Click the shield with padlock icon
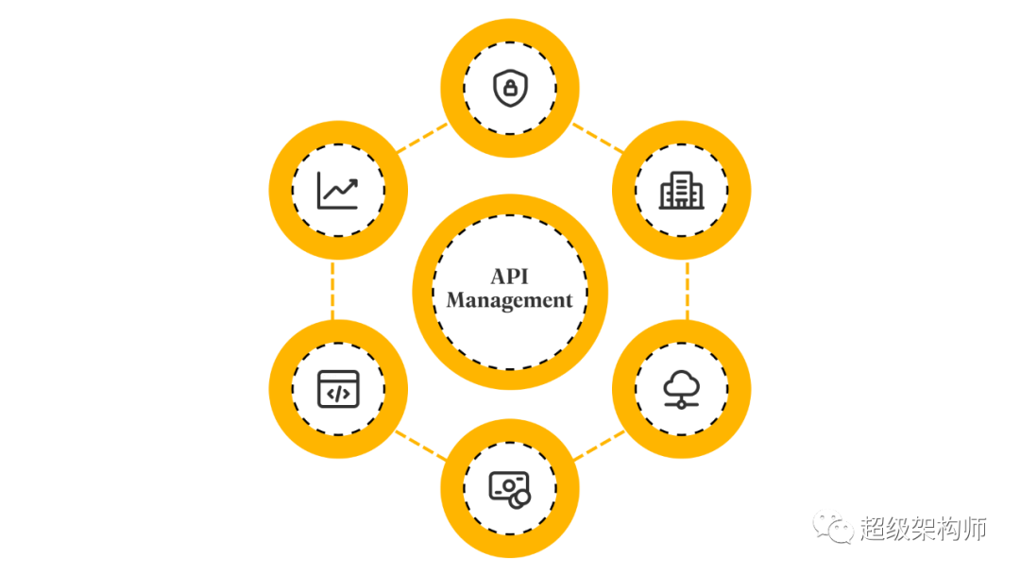click(x=510, y=89)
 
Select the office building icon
click(x=681, y=191)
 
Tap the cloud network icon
click(x=681, y=388)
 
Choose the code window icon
click(x=338, y=388)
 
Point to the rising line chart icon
click(x=338, y=191)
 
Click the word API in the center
click(x=510, y=276)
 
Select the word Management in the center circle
click(x=510, y=301)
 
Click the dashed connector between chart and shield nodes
click(x=422, y=138)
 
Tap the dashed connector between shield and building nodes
click(x=598, y=138)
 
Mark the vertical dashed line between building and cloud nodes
click(x=687, y=290)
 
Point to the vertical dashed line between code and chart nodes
click(x=332, y=290)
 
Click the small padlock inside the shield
click(x=510, y=91)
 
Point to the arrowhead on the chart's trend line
click(x=354, y=180)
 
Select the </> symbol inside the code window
click(x=338, y=392)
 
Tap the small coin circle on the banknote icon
click(x=518, y=498)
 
